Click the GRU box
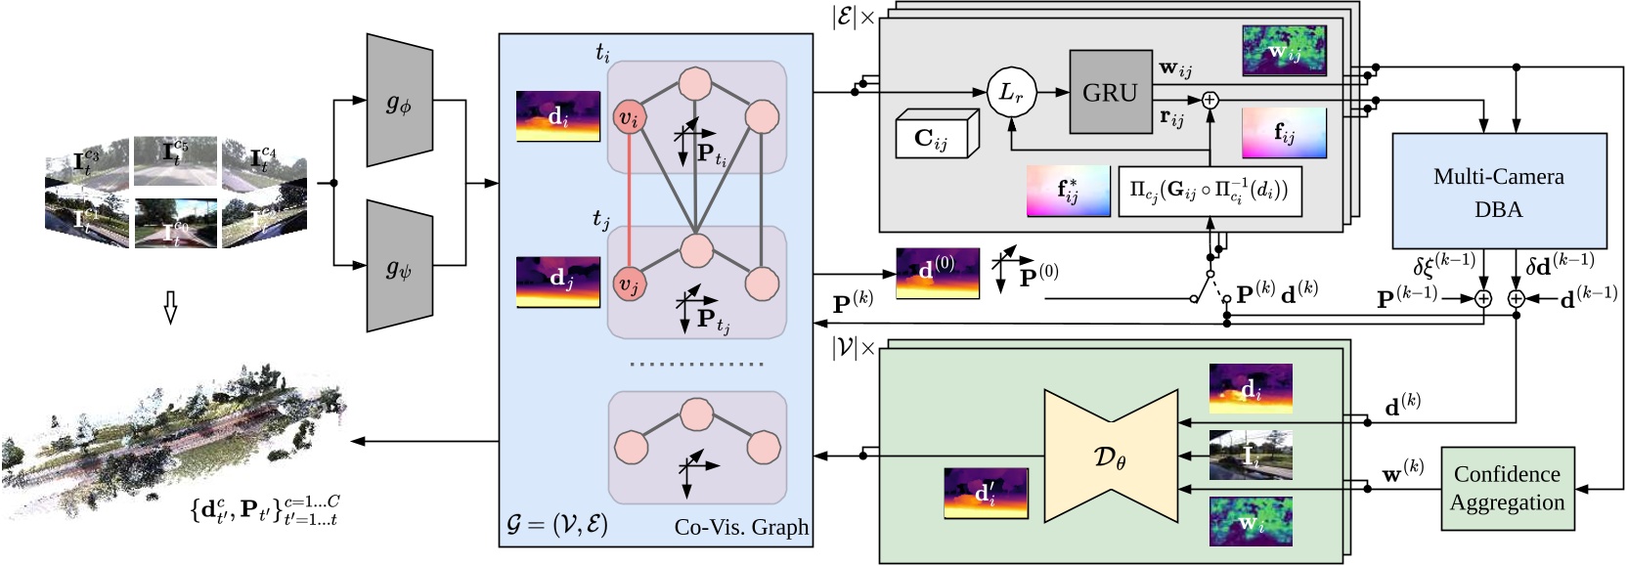[1110, 92]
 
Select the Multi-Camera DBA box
[1498, 191]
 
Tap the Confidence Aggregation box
[1507, 489]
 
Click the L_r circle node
[1010, 92]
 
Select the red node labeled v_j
[628, 284]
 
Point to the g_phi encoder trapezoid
[399, 101]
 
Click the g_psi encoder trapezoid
[399, 266]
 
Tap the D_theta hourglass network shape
[1110, 457]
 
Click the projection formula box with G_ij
[1210, 191]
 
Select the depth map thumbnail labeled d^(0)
[938, 273]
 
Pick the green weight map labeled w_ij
[1284, 51]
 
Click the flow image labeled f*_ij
[1068, 191]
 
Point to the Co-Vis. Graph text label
[741, 527]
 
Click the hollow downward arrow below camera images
[169, 312]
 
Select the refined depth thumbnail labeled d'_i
[985, 493]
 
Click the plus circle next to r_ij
[1210, 100]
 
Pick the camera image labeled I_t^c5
[175, 159]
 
